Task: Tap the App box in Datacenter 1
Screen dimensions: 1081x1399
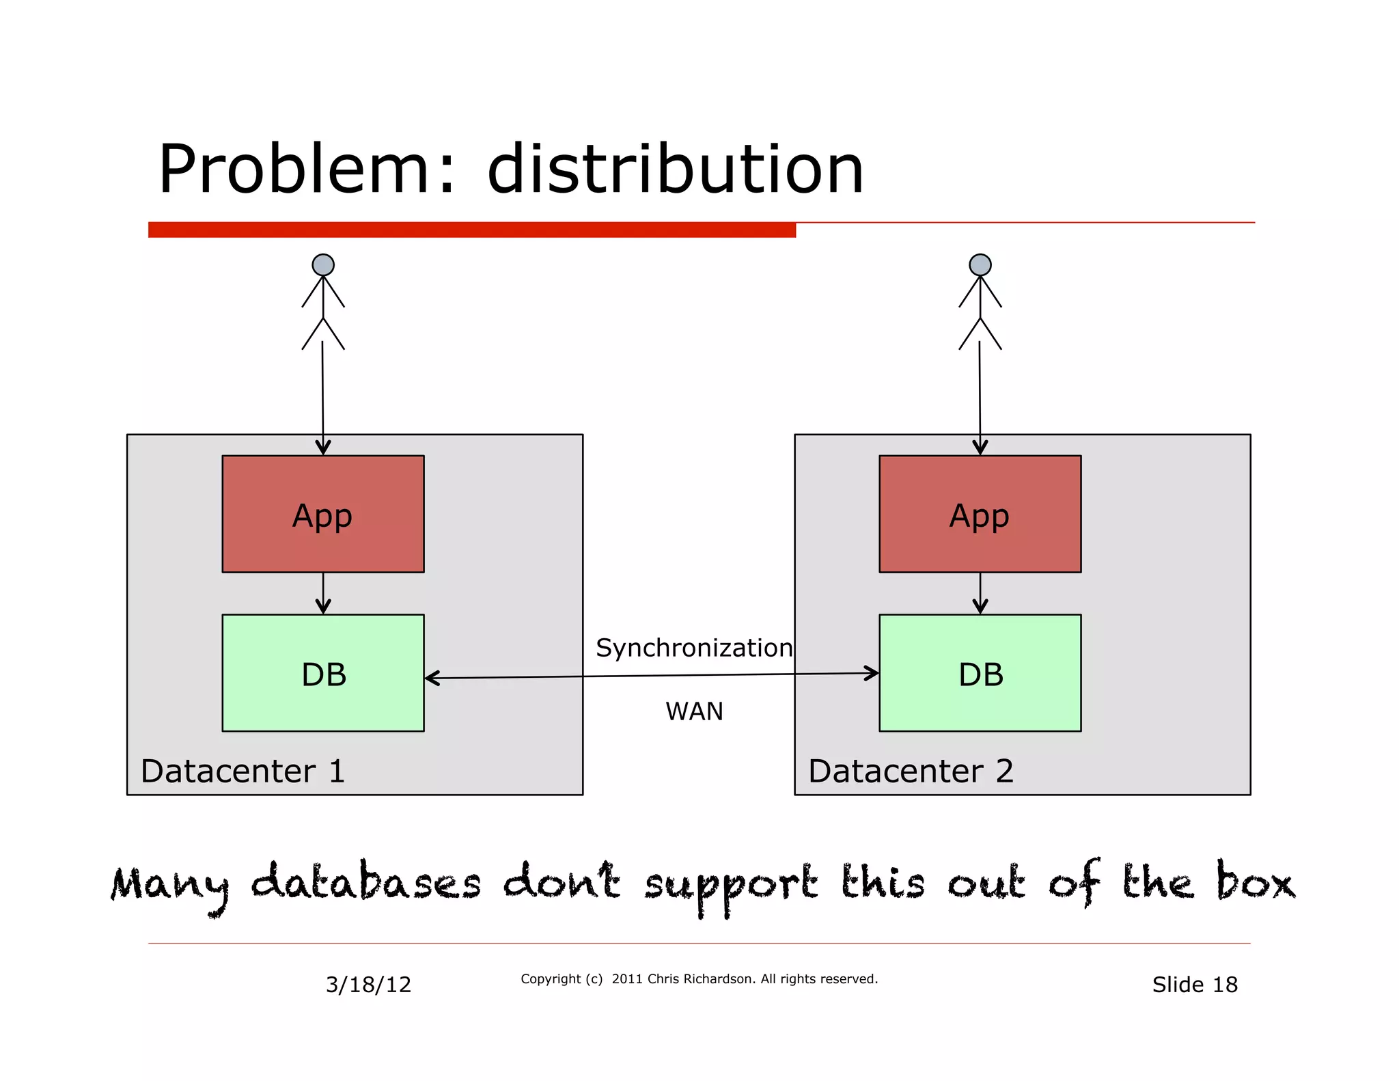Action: (x=322, y=514)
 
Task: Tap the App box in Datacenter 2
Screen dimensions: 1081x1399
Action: (x=980, y=514)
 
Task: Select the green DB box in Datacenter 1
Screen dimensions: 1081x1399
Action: (x=322, y=673)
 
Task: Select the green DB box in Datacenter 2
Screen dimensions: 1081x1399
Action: (x=980, y=673)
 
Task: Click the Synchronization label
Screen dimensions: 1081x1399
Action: (x=694, y=648)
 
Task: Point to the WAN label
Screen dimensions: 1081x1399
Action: (x=694, y=711)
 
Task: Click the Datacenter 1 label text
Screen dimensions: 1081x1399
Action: (x=243, y=771)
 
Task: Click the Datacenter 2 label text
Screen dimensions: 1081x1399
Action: (x=911, y=771)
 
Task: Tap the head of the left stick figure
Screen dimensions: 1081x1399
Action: (x=323, y=264)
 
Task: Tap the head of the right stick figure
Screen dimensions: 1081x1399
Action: (x=980, y=264)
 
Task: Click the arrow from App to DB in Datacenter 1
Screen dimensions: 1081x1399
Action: (x=323, y=593)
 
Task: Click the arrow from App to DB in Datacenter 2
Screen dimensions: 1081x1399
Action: (x=980, y=593)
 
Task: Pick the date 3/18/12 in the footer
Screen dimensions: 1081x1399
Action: (x=368, y=985)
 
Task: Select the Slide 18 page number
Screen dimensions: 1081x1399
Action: (x=1195, y=985)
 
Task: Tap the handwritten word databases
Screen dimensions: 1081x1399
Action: (x=366, y=883)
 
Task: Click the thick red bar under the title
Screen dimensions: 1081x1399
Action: (x=471, y=230)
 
